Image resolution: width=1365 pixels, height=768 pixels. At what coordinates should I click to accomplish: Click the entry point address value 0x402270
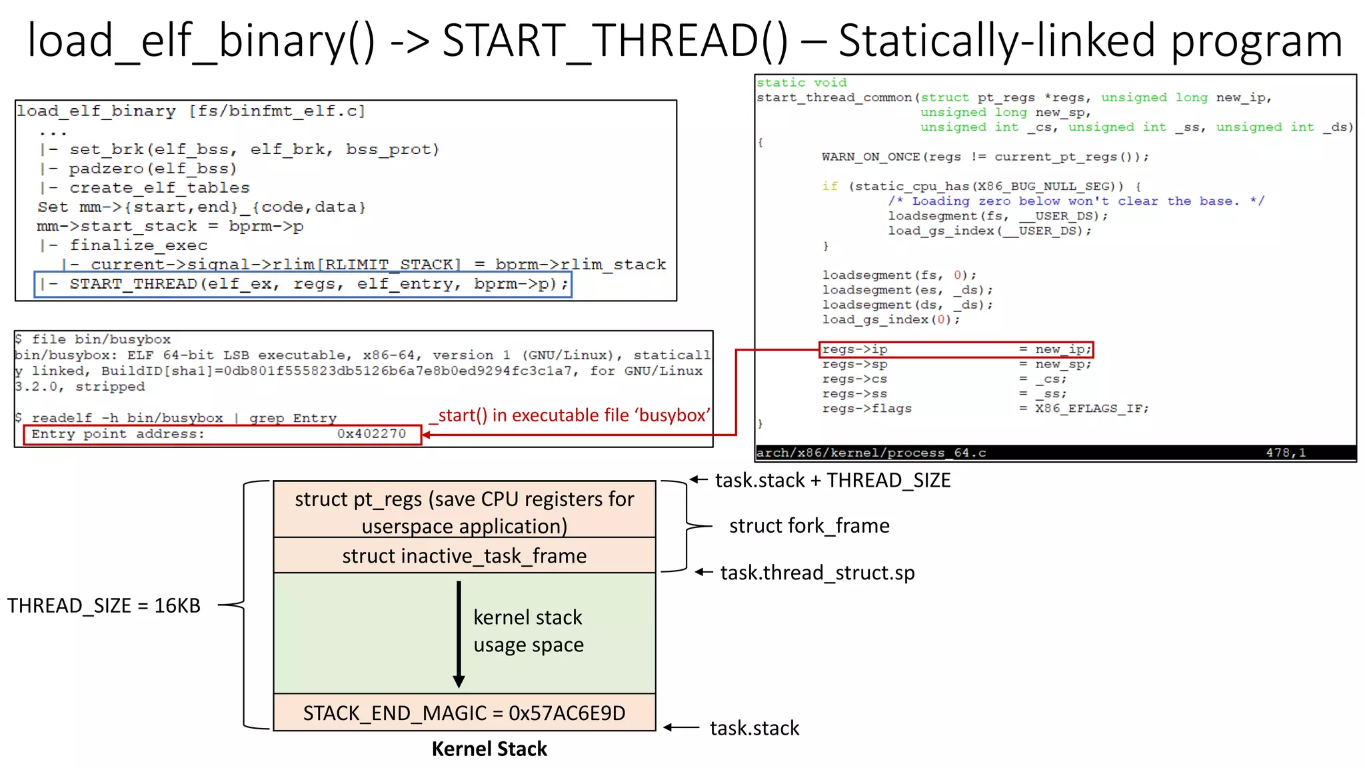coord(371,434)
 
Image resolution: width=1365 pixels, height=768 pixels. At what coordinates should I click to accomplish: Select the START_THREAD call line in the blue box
coord(303,285)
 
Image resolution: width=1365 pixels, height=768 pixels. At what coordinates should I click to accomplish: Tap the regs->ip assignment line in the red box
coord(956,349)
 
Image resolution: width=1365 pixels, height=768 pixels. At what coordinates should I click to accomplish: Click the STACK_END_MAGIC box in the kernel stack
coord(464,713)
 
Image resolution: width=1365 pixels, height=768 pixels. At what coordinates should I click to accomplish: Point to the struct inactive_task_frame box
coord(464,555)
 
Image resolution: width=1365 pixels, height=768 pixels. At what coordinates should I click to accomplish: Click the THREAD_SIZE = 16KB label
coord(103,605)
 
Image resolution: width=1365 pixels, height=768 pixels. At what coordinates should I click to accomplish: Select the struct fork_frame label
coord(808,526)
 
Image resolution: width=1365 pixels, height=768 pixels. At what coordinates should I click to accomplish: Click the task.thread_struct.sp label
coord(817,573)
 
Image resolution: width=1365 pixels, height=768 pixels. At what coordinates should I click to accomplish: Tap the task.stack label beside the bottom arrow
coord(754,728)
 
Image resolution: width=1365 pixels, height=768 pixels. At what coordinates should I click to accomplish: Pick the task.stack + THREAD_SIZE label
coord(832,480)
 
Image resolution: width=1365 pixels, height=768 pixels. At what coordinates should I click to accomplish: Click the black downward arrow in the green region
coord(459,633)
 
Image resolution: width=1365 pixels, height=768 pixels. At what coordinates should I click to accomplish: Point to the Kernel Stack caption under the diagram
coord(489,749)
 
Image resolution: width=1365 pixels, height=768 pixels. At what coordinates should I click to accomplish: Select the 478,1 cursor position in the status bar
coord(1285,453)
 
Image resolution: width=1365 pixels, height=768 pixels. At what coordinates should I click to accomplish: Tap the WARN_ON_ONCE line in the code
coord(984,157)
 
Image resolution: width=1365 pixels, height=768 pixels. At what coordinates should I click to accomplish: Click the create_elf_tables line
coord(159,188)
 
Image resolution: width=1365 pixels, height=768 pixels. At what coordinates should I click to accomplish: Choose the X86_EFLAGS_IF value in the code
coord(1091,408)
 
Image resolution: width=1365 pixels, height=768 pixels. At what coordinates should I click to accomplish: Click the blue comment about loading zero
coord(1075,201)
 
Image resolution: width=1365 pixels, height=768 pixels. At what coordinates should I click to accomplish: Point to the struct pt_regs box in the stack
coord(464,511)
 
